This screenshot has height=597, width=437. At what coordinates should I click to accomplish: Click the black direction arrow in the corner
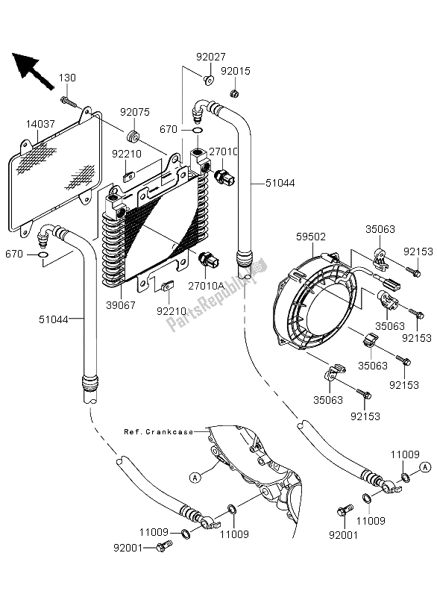click(31, 69)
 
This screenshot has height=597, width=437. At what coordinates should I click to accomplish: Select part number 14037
click(40, 124)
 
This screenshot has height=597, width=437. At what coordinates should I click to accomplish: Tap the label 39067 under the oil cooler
click(121, 305)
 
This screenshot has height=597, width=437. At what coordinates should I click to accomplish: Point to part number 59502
click(311, 237)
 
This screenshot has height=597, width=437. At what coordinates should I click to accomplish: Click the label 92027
click(211, 57)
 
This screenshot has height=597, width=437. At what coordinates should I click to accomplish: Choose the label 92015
click(236, 71)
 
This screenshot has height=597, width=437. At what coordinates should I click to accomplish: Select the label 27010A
click(205, 286)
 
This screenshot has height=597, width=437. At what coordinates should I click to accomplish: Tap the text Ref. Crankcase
click(159, 432)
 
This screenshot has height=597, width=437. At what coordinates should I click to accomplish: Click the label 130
click(67, 78)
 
